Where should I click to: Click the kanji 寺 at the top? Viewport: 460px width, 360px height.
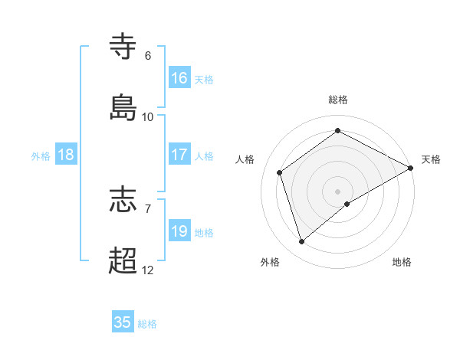pos(123,46)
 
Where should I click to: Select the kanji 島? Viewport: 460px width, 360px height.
pos(123,107)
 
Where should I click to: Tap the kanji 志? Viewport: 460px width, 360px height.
pos(123,200)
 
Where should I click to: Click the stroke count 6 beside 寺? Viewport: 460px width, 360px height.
pos(148,56)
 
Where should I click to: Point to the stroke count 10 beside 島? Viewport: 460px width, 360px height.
pos(148,117)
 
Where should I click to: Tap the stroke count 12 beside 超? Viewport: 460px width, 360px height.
pos(148,270)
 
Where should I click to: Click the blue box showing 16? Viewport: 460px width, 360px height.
pos(179,78)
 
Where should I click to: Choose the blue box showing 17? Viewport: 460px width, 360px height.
pos(179,155)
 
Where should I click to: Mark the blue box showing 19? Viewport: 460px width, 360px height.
pos(179,231)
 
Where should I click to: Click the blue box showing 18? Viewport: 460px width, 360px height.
pos(66,155)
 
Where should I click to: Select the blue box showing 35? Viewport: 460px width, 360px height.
pos(123,322)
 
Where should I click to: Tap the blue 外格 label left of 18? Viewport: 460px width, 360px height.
pos(41,155)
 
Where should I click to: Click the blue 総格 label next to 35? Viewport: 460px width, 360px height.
pos(147,324)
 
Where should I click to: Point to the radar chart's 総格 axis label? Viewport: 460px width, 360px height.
pos(338,100)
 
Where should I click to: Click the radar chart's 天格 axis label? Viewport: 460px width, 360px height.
pos(431,159)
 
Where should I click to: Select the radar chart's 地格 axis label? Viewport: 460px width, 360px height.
pos(402,262)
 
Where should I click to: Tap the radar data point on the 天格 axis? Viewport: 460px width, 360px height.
pos(411,169)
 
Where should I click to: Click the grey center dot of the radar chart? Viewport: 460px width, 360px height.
pos(338,191)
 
